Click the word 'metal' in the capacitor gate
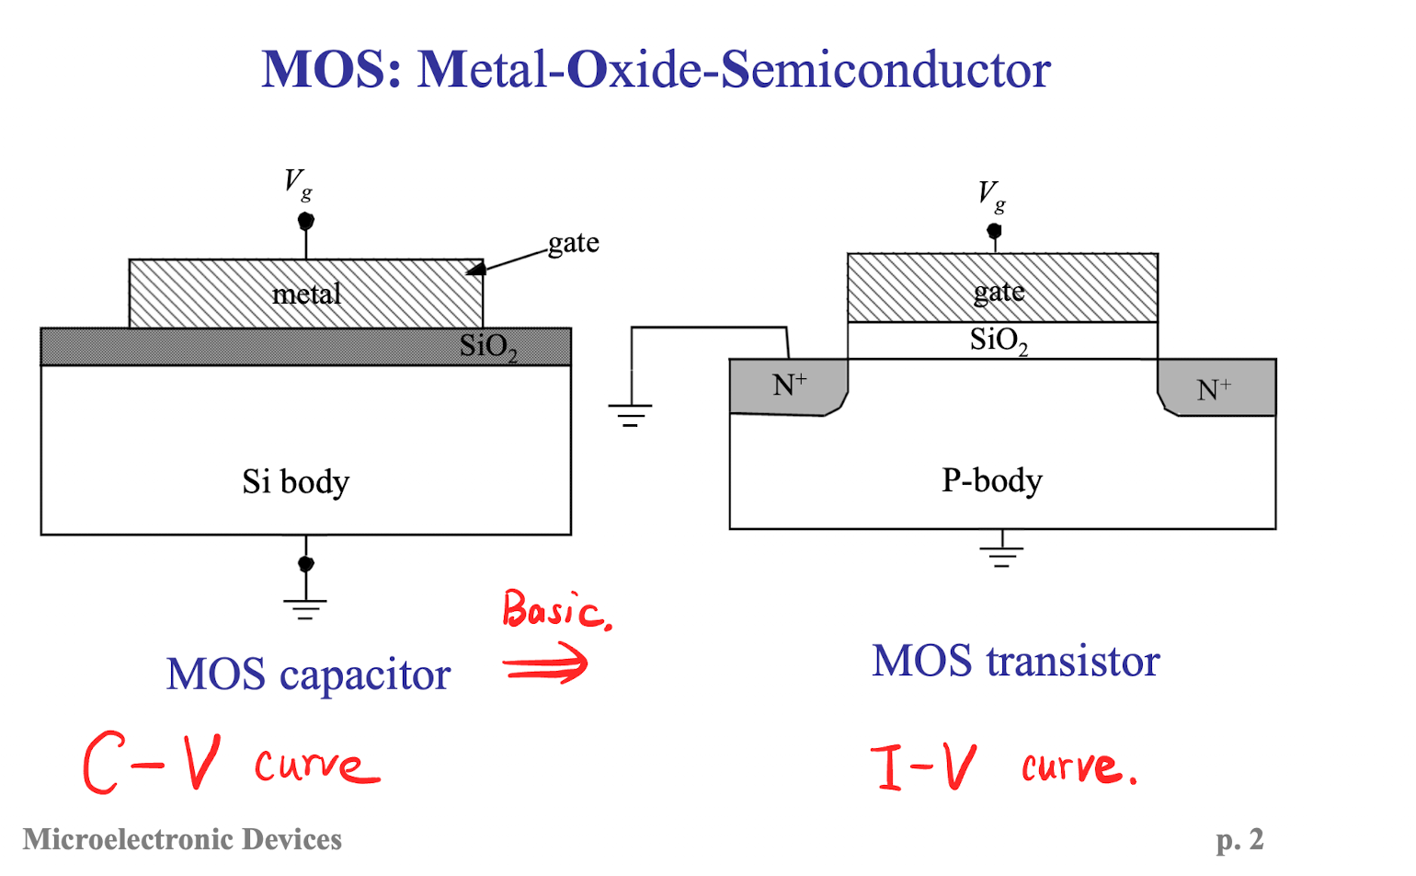tap(306, 294)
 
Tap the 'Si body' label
tap(295, 482)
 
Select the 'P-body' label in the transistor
tap(991, 481)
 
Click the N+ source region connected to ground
tap(788, 386)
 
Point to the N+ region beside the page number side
tap(1216, 387)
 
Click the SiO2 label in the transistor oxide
tap(999, 341)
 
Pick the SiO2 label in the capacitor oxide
tap(488, 348)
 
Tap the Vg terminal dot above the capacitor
tap(306, 221)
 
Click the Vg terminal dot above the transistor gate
tap(994, 230)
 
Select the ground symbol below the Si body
tap(305, 608)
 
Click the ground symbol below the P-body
tap(1001, 557)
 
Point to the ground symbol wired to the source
tap(630, 415)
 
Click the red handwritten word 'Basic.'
tap(557, 610)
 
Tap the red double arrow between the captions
tap(545, 663)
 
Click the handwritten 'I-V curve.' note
tap(1004, 766)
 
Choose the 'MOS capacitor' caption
tap(309, 674)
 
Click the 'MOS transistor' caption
tap(1016, 662)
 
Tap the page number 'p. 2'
tap(1239, 841)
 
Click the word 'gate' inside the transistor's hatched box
tap(999, 293)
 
